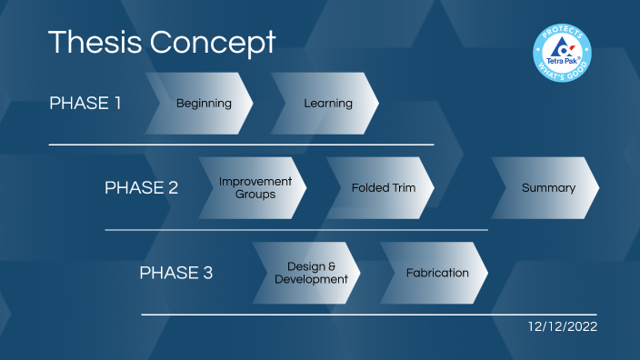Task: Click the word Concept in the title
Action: pyautogui.click(x=211, y=41)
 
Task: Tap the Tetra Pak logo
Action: pyautogui.click(x=565, y=51)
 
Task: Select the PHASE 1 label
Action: pyautogui.click(x=85, y=103)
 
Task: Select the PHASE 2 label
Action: pyautogui.click(x=141, y=188)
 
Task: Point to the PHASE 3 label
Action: pyautogui.click(x=176, y=273)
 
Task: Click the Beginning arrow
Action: pyautogui.click(x=202, y=104)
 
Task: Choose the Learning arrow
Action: pyautogui.click(x=327, y=104)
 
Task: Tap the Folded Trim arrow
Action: pyautogui.click(x=383, y=188)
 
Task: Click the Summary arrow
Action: pyautogui.click(x=547, y=188)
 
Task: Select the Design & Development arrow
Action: pyautogui.click(x=310, y=273)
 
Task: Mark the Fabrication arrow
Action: pyautogui.click(x=436, y=273)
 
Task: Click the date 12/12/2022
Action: pyautogui.click(x=563, y=326)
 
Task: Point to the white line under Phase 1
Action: pyautogui.click(x=241, y=145)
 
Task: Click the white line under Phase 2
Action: pyautogui.click(x=296, y=230)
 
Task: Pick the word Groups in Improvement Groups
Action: pyautogui.click(x=255, y=195)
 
